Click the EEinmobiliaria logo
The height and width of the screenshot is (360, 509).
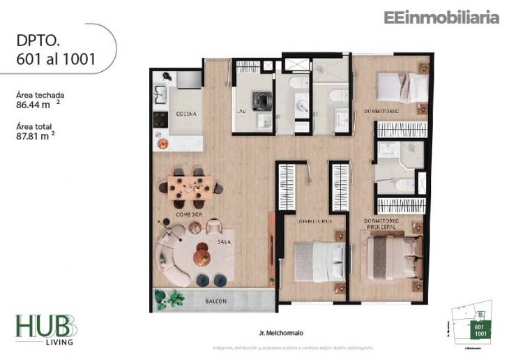[441, 17]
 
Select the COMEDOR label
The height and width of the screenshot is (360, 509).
[189, 214]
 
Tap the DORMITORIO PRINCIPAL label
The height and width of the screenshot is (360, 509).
[380, 224]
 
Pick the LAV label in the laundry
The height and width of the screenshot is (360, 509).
[241, 111]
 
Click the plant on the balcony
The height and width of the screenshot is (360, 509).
[168, 299]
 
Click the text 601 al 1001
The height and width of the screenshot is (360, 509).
[56, 59]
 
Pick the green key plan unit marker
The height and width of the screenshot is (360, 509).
[480, 331]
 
